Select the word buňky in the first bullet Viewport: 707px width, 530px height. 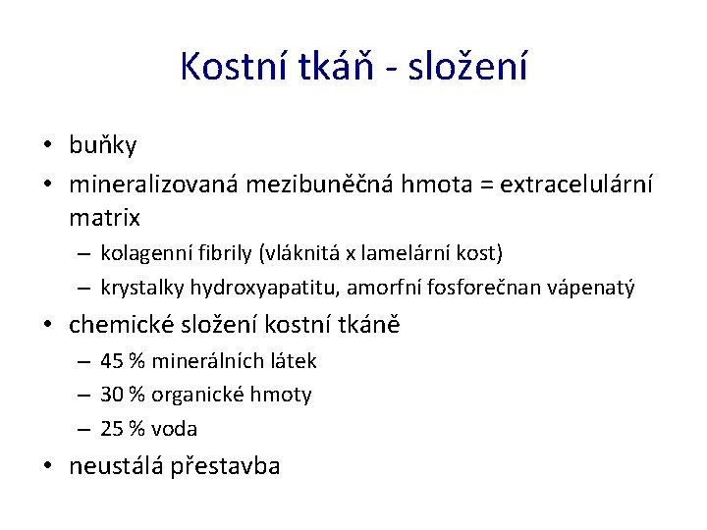coord(103,146)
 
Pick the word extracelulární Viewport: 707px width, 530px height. coord(576,183)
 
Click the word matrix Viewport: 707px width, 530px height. coord(105,216)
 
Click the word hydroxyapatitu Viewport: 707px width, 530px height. coord(253,288)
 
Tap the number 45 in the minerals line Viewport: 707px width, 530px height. coord(112,361)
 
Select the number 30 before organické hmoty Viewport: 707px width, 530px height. coord(112,395)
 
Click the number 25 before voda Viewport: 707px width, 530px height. coord(112,429)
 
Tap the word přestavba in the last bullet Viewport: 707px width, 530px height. coord(228,466)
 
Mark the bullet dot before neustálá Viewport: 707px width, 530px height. coord(47,466)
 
